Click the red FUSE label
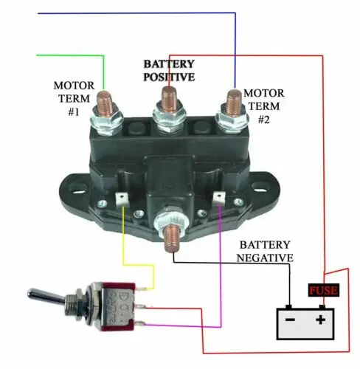[x=323, y=290]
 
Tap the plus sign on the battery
[x=320, y=320]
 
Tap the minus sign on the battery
[x=290, y=320]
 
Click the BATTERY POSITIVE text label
[x=169, y=71]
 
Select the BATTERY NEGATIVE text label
[x=265, y=252]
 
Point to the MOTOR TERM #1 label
[x=74, y=99]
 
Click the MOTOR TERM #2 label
[x=264, y=106]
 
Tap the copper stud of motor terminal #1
[x=105, y=102]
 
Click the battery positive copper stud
[x=170, y=98]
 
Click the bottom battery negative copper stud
[x=172, y=238]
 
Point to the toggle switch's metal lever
[x=46, y=297]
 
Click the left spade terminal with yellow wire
[x=122, y=199]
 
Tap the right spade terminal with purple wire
[x=218, y=199]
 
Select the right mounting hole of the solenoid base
[x=260, y=186]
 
